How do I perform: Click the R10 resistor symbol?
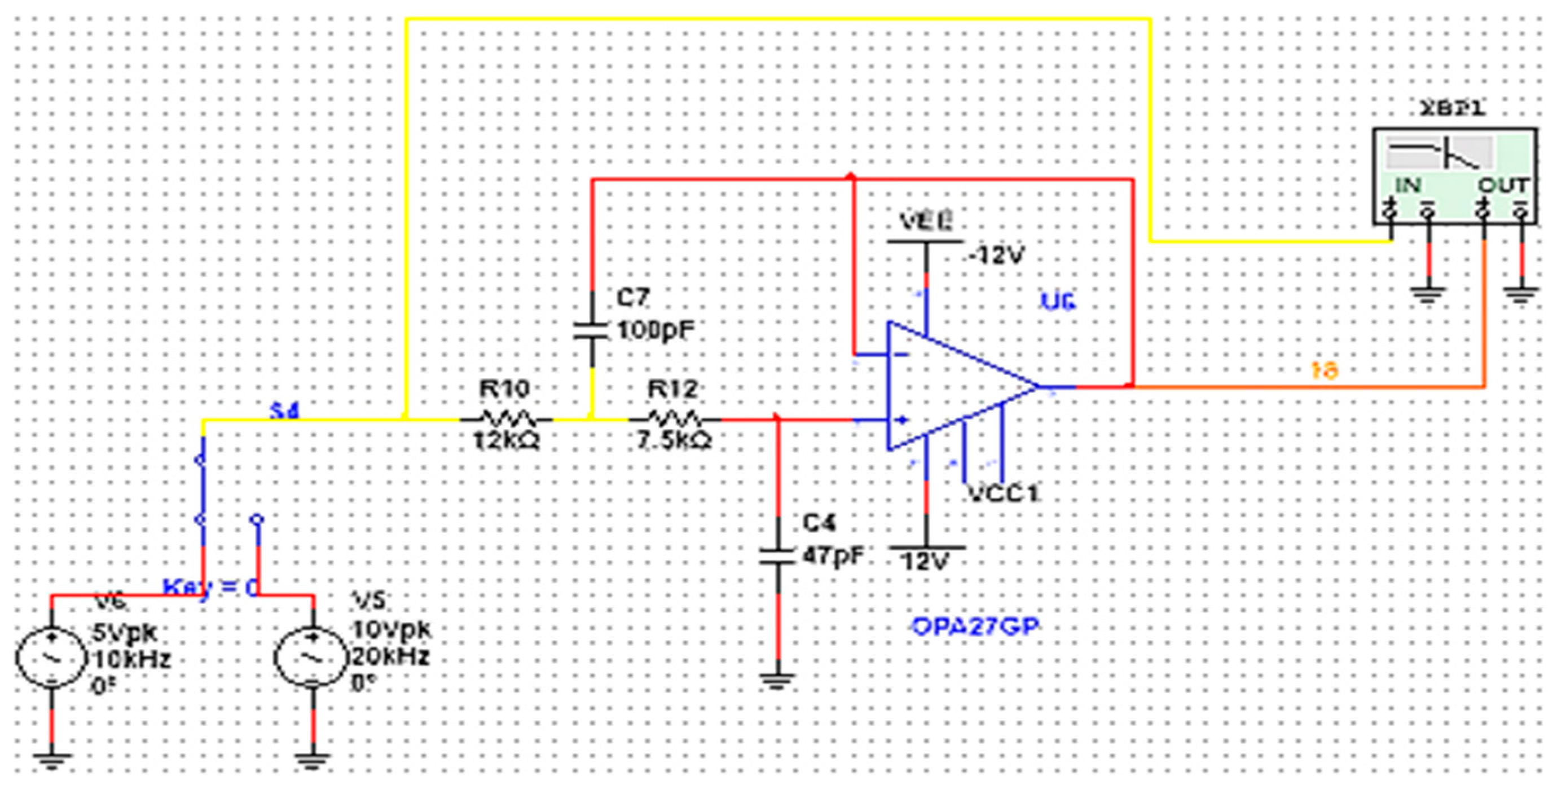(505, 418)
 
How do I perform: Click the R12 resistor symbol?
(674, 418)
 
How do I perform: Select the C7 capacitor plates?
(591, 330)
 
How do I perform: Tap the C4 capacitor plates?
(777, 557)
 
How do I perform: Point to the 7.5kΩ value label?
(674, 441)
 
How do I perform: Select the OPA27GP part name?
(974, 627)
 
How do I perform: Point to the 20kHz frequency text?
(390, 656)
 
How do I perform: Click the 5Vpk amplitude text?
(125, 633)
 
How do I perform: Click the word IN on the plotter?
(1408, 186)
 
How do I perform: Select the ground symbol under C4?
(777, 682)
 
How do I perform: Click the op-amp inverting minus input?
(900, 355)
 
